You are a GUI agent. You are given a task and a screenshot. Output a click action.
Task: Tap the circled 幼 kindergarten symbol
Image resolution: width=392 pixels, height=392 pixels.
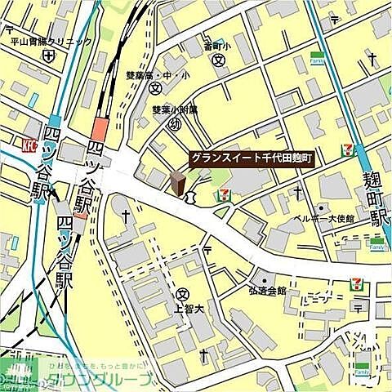(173, 124)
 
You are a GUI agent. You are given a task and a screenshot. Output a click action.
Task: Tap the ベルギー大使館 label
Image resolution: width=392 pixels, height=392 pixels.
(325, 219)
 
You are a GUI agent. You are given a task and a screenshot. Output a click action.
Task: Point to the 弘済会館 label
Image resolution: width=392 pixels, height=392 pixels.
(268, 290)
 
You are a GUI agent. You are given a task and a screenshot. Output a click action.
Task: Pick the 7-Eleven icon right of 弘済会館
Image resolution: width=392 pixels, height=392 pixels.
(356, 284)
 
